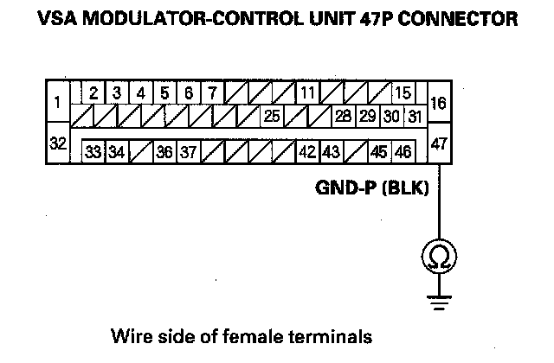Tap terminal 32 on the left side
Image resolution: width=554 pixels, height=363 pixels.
(x=57, y=144)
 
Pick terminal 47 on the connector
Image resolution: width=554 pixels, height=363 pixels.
(x=438, y=144)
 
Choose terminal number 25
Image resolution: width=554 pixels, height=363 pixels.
(x=271, y=115)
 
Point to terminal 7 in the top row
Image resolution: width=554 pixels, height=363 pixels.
(x=212, y=92)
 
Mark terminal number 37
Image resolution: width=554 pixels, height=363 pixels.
(x=189, y=152)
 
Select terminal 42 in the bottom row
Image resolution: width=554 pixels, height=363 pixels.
(x=307, y=152)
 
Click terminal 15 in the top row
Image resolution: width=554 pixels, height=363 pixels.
(x=403, y=92)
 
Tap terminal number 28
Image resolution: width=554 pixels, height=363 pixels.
(x=344, y=115)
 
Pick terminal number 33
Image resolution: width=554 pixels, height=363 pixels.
(x=93, y=152)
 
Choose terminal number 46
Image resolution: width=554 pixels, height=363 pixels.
(x=403, y=152)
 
